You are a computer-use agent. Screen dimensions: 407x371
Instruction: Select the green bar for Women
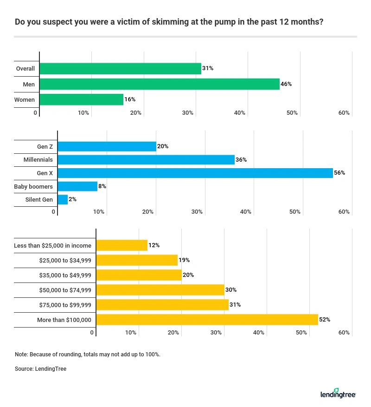pyautogui.click(x=82, y=99)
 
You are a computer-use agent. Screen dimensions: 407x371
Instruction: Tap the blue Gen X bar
pyautogui.click(x=195, y=173)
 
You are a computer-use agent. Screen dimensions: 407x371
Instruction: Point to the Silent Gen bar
pyautogui.click(x=63, y=200)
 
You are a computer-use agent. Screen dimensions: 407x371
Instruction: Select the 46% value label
pyautogui.click(x=287, y=84)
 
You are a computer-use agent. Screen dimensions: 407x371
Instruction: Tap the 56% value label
pyautogui.click(x=340, y=173)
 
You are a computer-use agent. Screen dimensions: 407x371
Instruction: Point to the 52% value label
pyautogui.click(x=325, y=320)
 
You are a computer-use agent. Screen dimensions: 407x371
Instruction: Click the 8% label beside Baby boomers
pyautogui.click(x=102, y=186)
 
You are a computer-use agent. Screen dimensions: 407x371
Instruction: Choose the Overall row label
pyautogui.click(x=26, y=69)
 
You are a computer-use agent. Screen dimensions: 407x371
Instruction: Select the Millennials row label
pyautogui.click(x=38, y=160)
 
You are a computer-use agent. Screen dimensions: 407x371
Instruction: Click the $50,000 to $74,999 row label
pyautogui.click(x=64, y=290)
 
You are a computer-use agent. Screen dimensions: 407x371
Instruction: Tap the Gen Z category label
pyautogui.click(x=45, y=147)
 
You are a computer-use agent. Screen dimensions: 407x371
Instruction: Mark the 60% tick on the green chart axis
pyautogui.click(x=344, y=113)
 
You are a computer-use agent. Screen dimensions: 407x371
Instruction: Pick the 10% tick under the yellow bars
pyautogui.click(x=131, y=333)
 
